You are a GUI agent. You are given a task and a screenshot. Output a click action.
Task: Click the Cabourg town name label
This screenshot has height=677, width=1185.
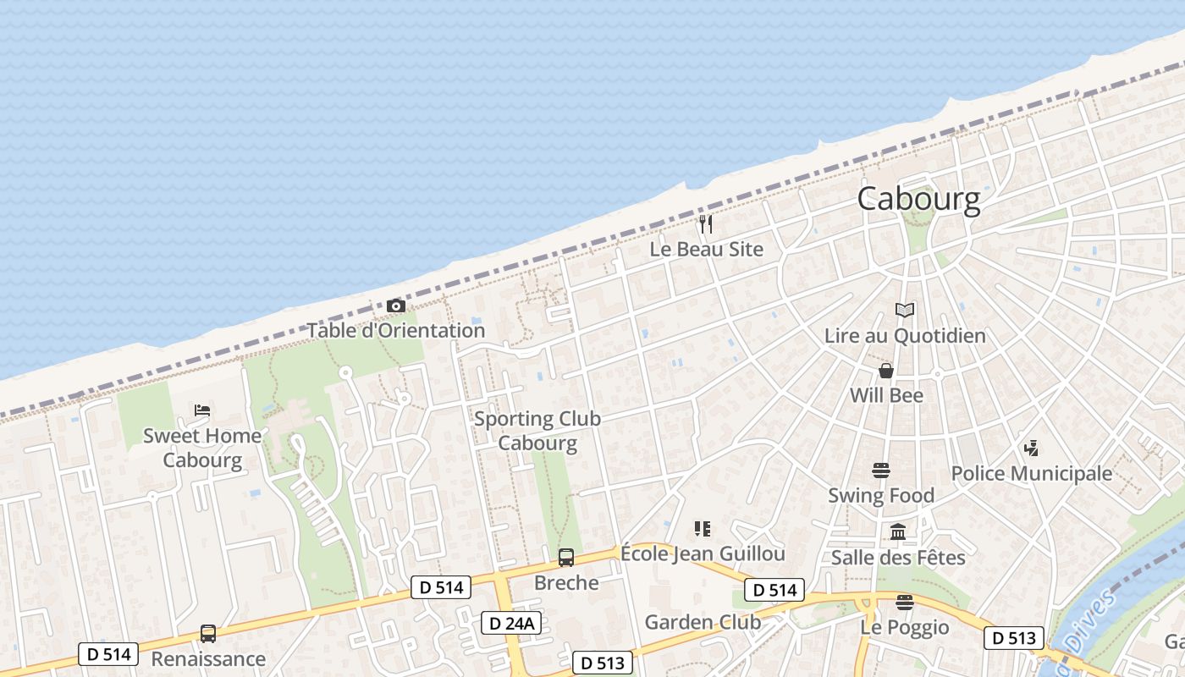point(918,200)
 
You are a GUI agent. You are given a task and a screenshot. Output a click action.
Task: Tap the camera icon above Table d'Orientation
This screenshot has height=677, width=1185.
point(395,305)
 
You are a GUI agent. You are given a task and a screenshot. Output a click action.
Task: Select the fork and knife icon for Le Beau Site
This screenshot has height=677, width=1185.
point(706,224)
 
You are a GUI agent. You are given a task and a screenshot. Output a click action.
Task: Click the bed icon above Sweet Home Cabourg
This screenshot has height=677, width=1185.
point(202,410)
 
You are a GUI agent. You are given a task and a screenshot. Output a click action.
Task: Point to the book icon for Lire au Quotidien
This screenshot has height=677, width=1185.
point(905,311)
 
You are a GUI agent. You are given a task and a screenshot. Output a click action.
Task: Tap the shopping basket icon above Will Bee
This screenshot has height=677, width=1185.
point(886,371)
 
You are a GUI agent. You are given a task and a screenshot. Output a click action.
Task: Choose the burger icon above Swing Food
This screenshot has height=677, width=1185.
point(881,471)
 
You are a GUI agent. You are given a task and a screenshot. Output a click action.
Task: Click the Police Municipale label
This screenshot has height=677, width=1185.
point(1032,473)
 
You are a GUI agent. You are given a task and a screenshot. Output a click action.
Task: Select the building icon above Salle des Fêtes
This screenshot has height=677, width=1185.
point(898,532)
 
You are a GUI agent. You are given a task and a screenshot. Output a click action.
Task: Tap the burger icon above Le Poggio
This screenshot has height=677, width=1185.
point(905,603)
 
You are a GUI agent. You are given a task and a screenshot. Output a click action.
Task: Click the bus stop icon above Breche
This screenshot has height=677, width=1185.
point(565,558)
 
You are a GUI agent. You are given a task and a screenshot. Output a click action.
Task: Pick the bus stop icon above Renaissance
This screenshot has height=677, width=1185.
point(207,633)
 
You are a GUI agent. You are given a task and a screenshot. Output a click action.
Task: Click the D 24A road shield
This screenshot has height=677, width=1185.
point(511,624)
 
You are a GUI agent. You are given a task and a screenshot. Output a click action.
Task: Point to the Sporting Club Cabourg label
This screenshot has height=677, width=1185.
point(537,431)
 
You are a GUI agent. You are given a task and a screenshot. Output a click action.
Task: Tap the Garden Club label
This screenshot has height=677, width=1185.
point(703,622)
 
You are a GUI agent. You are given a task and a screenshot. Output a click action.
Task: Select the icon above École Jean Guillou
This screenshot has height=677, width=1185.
point(702,529)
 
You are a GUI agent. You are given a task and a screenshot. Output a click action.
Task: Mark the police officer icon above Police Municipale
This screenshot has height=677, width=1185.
point(1031,449)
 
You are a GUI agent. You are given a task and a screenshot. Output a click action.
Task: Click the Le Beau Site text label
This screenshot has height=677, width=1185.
point(706,250)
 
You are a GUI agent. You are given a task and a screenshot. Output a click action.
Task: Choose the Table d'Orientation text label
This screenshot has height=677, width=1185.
point(395,331)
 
